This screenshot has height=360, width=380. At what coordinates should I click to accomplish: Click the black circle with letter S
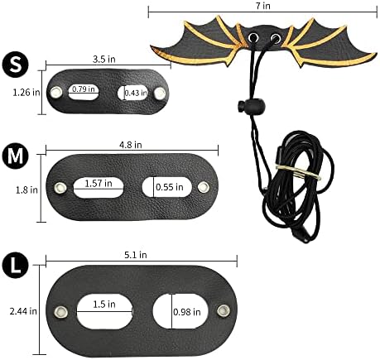tap(15, 65)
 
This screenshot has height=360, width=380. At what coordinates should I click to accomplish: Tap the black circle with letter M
tap(15, 156)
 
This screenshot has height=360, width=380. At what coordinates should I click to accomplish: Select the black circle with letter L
tap(15, 266)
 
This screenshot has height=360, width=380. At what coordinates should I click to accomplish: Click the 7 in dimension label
tap(262, 6)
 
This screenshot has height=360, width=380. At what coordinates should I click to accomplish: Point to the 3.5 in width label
tap(104, 59)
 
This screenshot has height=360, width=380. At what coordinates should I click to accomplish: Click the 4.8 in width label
tap(131, 145)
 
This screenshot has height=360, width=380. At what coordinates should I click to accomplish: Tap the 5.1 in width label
tap(136, 255)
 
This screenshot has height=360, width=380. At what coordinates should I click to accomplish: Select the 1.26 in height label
tap(26, 92)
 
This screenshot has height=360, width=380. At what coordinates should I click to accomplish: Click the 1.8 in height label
tap(26, 190)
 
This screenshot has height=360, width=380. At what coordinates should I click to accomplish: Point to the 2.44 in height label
tap(23, 311)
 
